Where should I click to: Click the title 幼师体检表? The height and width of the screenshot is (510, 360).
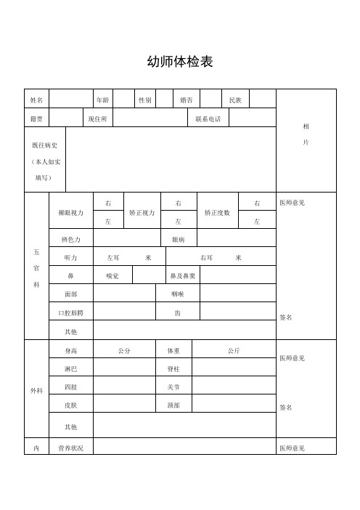tap(179, 62)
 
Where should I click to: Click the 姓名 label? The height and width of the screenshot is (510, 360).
tap(36, 100)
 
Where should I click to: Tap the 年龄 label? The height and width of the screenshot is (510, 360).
tap(102, 100)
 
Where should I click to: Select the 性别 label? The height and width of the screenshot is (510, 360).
tap(144, 100)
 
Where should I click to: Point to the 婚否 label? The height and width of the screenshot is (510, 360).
tap(187, 100)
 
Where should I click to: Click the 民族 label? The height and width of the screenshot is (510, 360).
tap(235, 100)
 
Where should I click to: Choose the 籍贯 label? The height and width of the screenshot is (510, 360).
tap(36, 118)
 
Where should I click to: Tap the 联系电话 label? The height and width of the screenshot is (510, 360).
tap(208, 118)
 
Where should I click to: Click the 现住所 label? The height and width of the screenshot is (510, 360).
tap(97, 118)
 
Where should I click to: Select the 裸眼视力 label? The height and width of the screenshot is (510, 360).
tap(70, 212)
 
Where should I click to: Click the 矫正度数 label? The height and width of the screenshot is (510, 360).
tap(217, 212)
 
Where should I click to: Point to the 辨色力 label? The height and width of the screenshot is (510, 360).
tap(70, 238)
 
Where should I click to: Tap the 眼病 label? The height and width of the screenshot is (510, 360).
tap(178, 238)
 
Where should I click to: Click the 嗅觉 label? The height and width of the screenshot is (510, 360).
tap(112, 276)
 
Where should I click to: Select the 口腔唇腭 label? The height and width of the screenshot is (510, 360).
tap(70, 312)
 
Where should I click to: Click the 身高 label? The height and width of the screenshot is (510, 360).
tap(70, 351)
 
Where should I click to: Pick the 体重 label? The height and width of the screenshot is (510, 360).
tap(173, 351)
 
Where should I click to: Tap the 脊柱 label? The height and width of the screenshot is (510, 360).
tap(173, 369)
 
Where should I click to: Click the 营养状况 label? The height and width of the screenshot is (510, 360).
tap(70, 448)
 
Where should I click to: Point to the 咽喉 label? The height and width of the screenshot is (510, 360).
tap(178, 294)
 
